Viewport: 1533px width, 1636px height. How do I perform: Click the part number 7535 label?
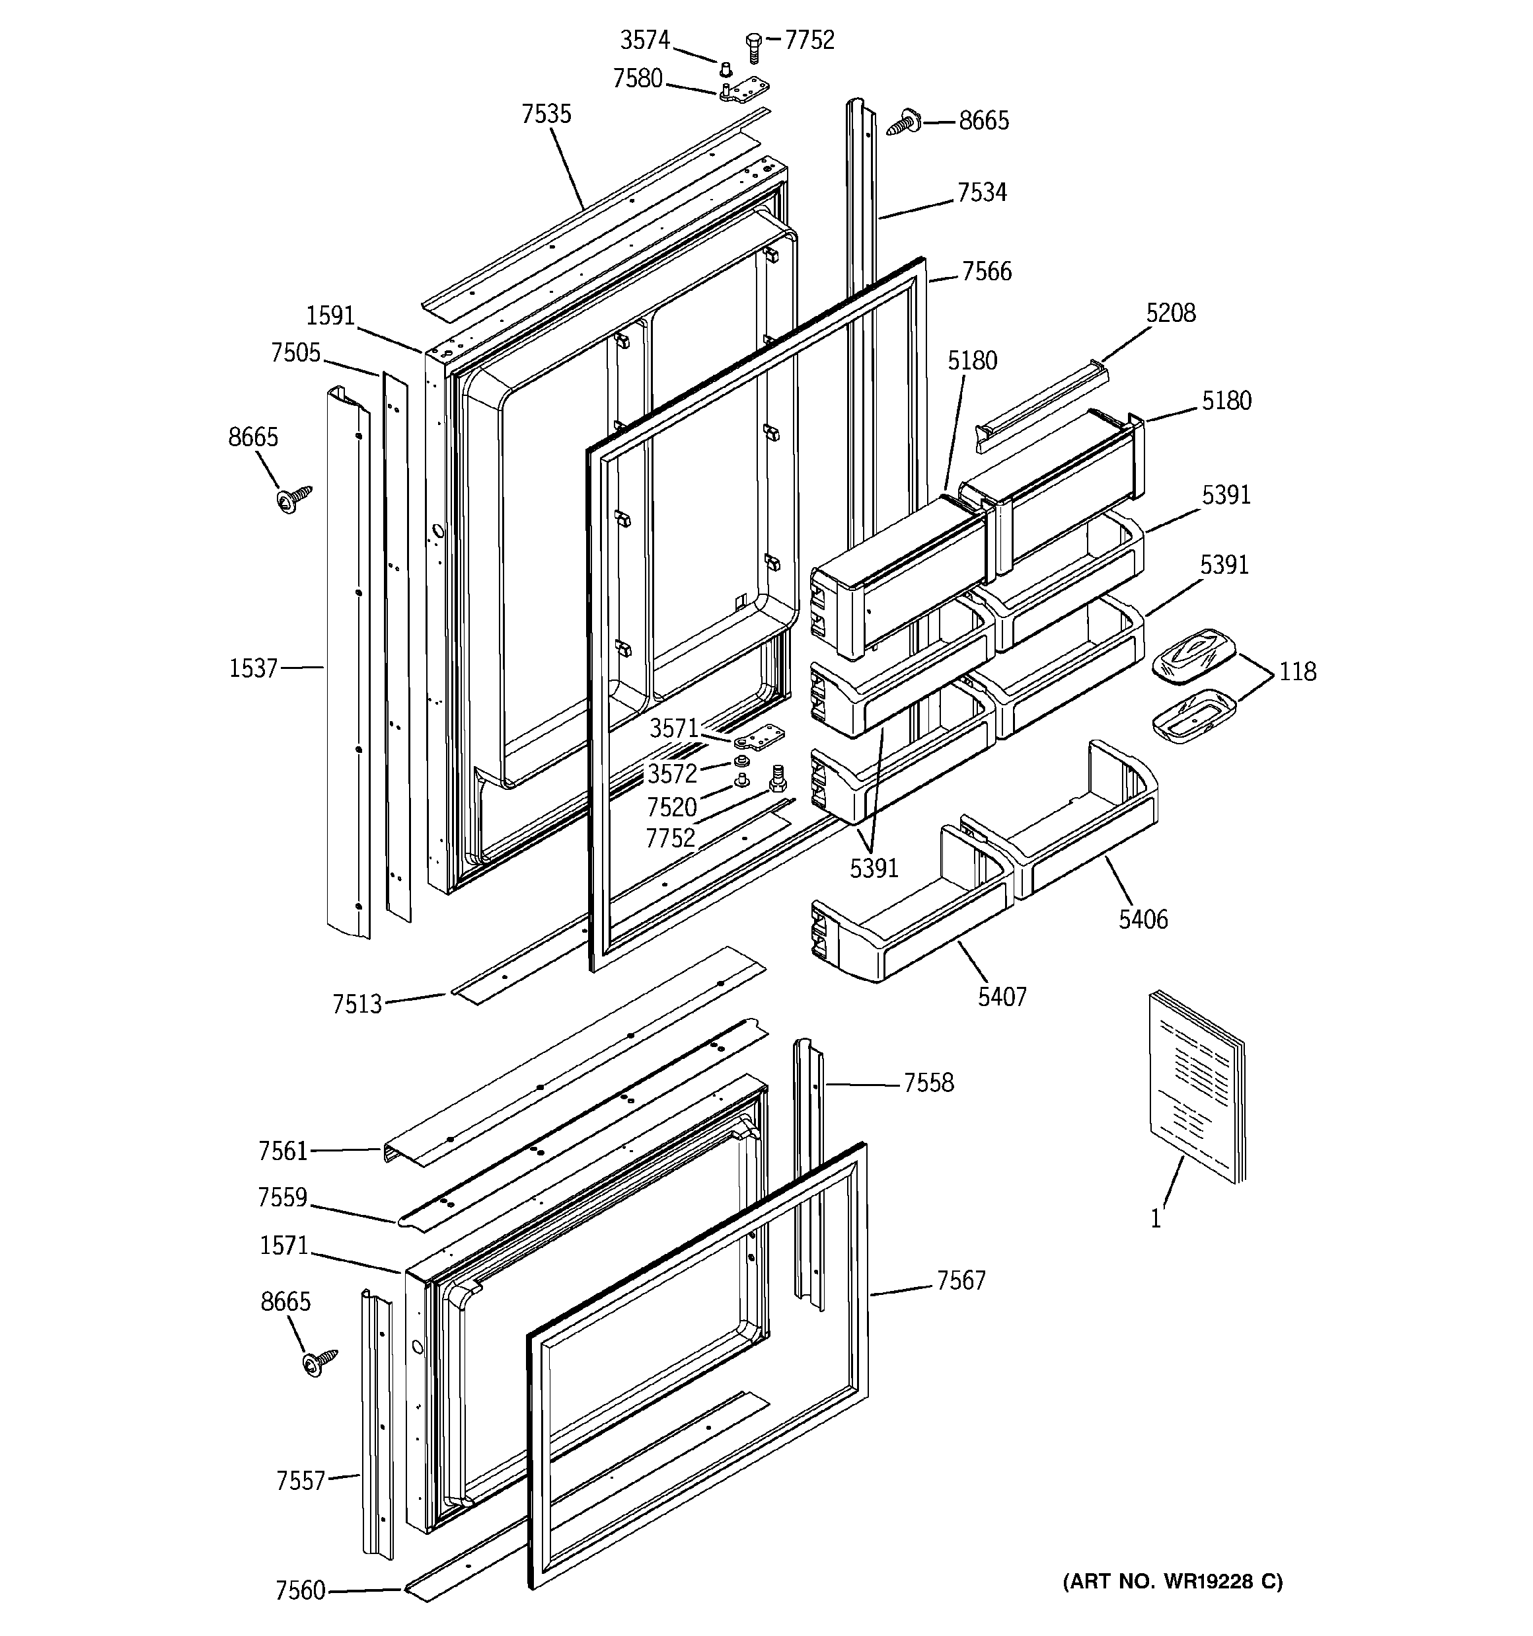pyautogui.click(x=546, y=114)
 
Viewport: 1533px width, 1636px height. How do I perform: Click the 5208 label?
pyautogui.click(x=1171, y=313)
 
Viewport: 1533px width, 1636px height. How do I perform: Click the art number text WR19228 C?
pyautogui.click(x=1173, y=1581)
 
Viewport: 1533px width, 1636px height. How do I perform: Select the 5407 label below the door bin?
pyautogui.click(x=1002, y=997)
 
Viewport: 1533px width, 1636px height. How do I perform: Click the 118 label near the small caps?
pyautogui.click(x=1298, y=672)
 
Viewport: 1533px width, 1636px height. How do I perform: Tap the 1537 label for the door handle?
pyautogui.click(x=254, y=668)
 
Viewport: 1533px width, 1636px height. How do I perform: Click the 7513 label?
pyautogui.click(x=357, y=1004)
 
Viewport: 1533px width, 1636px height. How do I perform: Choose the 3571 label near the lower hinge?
pyautogui.click(x=674, y=728)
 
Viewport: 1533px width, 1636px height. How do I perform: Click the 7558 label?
pyautogui.click(x=929, y=1083)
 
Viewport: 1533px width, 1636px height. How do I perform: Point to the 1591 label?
pyautogui.click(x=330, y=315)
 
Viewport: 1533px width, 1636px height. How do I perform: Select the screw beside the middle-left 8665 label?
pyautogui.click(x=295, y=498)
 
